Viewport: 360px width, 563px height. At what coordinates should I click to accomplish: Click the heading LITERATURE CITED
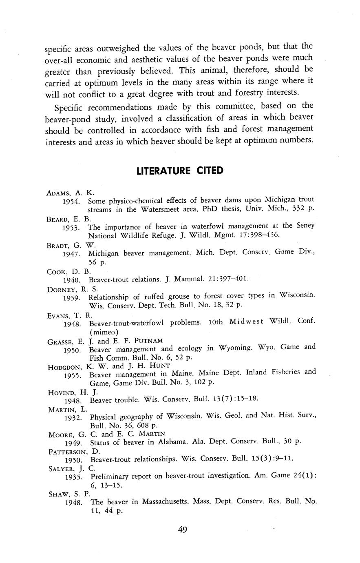(180, 171)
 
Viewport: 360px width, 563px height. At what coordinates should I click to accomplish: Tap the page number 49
(182, 530)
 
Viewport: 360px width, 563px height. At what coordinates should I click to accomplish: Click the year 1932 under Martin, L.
(73, 418)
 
